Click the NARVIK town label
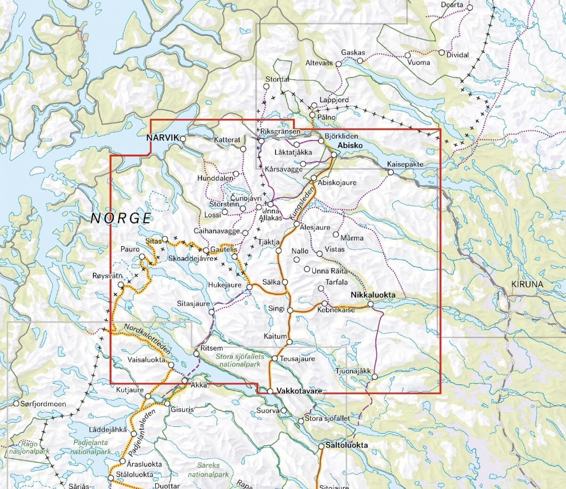[x=162, y=138]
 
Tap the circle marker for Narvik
[x=183, y=139]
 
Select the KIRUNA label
[x=527, y=284]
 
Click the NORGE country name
[x=121, y=218]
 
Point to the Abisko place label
[x=350, y=145]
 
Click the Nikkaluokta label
[x=373, y=295]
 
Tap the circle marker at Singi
[x=291, y=310]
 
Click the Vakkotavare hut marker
[x=270, y=391]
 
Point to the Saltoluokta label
[x=346, y=445]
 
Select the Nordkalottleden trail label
[x=147, y=339]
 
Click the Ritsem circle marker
[x=197, y=353]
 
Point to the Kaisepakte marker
[x=391, y=172]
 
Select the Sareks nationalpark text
[x=208, y=470]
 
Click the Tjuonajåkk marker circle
[x=375, y=376]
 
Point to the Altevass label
[x=319, y=63]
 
